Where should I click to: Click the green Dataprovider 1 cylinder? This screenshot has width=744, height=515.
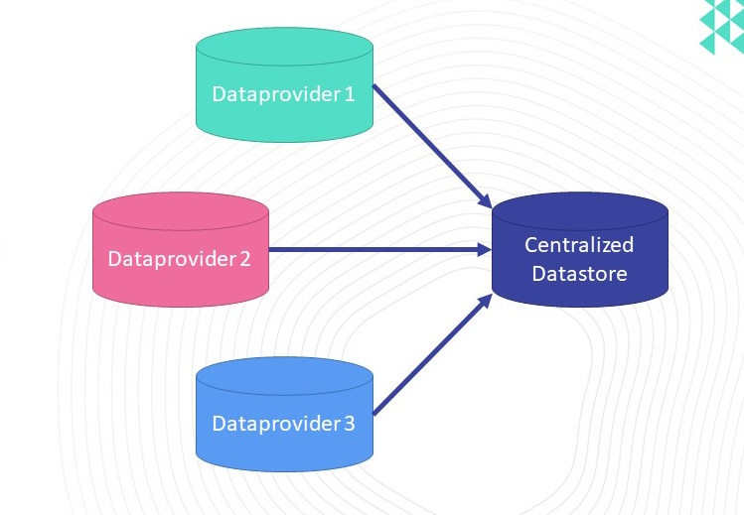click(x=284, y=84)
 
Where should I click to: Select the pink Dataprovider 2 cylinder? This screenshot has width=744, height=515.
click(x=181, y=250)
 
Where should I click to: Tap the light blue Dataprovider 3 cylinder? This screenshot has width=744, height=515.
click(x=284, y=415)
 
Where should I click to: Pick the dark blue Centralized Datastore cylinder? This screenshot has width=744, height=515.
click(x=580, y=250)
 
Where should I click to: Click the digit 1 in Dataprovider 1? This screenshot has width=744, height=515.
click(x=350, y=94)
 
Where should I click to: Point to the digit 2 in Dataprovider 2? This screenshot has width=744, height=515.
click(x=244, y=259)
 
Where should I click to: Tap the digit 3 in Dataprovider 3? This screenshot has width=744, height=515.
click(x=350, y=424)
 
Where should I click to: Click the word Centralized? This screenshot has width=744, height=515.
click(x=579, y=244)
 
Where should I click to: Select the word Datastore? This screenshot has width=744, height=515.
click(x=579, y=273)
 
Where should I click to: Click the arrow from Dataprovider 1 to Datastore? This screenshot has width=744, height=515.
click(x=432, y=147)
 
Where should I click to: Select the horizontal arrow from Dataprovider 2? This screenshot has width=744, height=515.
click(x=380, y=249)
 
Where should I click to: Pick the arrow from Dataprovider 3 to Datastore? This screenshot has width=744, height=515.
click(x=433, y=354)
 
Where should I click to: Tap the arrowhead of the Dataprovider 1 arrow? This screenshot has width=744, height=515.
click(x=486, y=200)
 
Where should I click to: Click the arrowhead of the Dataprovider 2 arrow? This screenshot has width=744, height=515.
click(x=485, y=249)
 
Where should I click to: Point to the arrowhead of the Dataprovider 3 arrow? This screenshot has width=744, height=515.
click(x=486, y=302)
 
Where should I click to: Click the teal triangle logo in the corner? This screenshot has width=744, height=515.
click(x=722, y=27)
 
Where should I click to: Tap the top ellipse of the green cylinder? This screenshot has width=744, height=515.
click(x=284, y=47)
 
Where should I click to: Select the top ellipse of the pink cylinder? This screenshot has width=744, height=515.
click(x=181, y=211)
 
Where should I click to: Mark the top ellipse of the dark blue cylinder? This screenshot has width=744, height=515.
click(x=580, y=211)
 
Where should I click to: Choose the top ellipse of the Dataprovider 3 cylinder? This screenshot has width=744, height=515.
click(x=284, y=376)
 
